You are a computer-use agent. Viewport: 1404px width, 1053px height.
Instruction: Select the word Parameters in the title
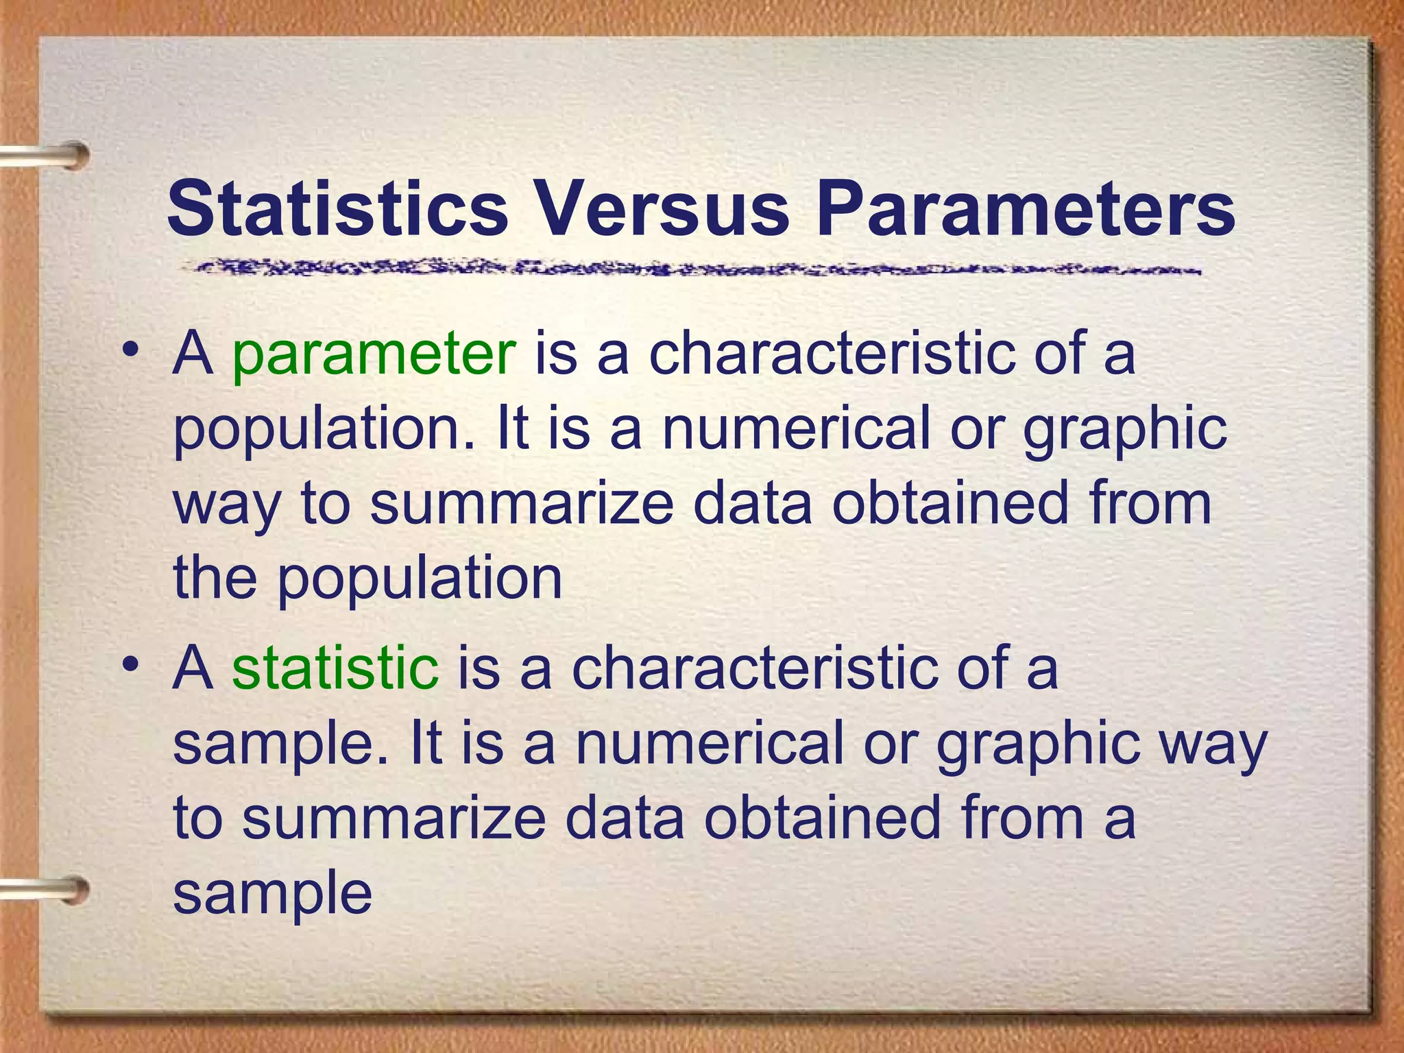(x=1026, y=208)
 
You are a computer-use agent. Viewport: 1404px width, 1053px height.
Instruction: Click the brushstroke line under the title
(x=686, y=268)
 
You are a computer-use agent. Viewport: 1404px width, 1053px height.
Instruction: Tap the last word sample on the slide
(x=272, y=895)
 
